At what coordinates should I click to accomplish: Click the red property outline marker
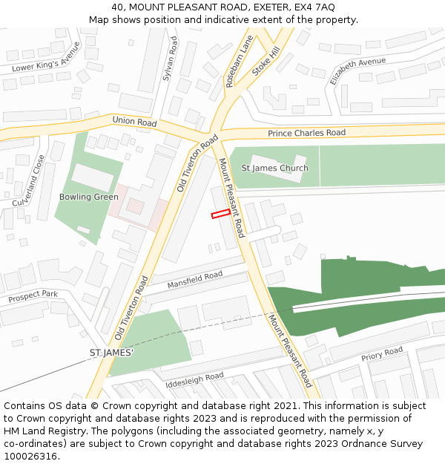point(220,214)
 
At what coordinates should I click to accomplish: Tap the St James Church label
point(275,169)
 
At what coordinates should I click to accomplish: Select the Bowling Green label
point(89,197)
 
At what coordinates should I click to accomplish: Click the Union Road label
point(134,121)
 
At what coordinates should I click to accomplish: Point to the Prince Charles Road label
point(306,133)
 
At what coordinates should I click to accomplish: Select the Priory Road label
point(382,354)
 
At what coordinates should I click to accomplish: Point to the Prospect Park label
point(33,295)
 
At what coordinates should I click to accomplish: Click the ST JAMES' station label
point(111,352)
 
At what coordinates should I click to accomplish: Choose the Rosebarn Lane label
point(239,61)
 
